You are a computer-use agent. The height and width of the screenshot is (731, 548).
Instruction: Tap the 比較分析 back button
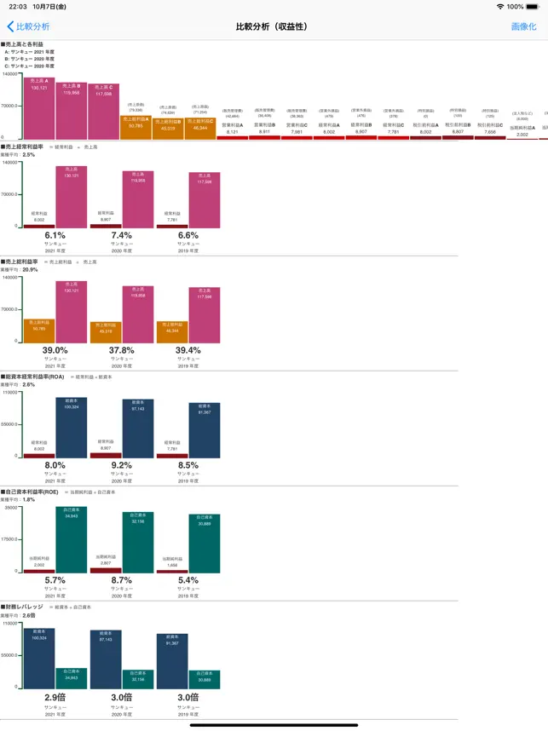coord(28,26)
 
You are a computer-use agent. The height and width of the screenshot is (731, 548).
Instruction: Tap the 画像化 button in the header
coord(523,26)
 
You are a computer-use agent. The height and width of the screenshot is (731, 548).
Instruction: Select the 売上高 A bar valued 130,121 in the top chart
coord(39,109)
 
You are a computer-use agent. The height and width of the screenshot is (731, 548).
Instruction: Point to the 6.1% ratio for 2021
coord(55,236)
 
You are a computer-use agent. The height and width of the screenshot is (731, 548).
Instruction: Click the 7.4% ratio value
coord(122,236)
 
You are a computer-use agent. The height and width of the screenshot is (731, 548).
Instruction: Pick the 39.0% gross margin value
coord(55,350)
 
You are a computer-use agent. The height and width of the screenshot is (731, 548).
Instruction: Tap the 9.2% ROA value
coord(122,465)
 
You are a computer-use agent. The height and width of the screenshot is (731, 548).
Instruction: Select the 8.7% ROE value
coord(122,580)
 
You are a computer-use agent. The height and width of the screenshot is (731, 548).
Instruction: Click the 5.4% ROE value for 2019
coord(188,580)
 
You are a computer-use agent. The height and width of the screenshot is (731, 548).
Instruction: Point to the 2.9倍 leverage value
coord(55,697)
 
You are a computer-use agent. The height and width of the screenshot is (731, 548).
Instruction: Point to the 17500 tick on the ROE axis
coord(10,538)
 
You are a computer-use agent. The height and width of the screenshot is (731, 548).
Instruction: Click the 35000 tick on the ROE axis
coord(11,508)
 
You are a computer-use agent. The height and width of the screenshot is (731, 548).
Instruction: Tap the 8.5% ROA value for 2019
coord(188,465)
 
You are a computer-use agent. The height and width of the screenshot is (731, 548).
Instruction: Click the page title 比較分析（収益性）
coord(272,26)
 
